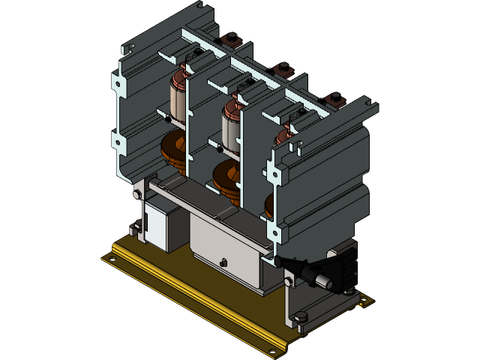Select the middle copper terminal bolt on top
[x=283, y=68]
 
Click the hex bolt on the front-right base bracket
[x=301, y=318]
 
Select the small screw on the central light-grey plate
[x=223, y=262]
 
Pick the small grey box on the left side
[x=162, y=218]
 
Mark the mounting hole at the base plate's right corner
[x=364, y=303]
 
